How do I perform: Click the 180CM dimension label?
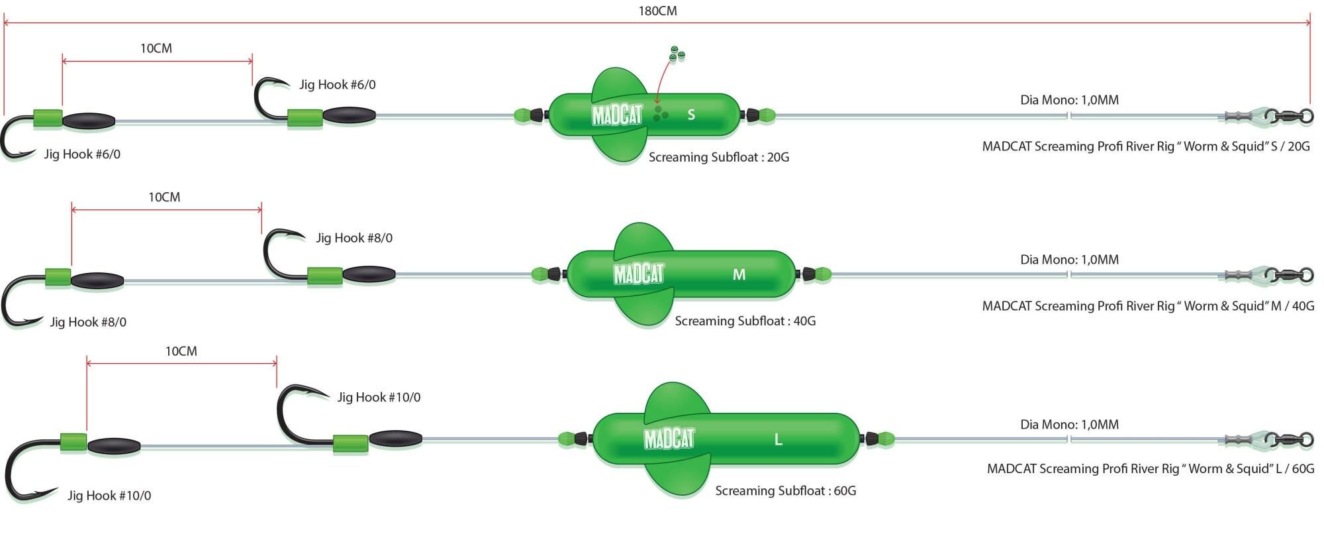[x=657, y=11]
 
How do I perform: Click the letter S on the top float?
[x=691, y=115]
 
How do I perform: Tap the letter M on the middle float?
[x=739, y=274]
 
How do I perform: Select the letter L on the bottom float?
[x=778, y=439]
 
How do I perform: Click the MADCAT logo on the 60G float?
[x=669, y=439]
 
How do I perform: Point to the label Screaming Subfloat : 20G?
[x=718, y=158]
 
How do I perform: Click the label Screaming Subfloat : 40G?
[x=745, y=321]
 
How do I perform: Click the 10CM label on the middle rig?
[x=164, y=197]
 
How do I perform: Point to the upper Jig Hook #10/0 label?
[x=379, y=398]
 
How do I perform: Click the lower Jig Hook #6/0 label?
[x=82, y=154]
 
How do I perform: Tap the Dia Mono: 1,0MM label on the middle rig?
[x=1069, y=260]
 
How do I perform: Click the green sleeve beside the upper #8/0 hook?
[x=324, y=275]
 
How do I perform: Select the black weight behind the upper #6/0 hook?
[x=349, y=116]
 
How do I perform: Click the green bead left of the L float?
[x=566, y=439]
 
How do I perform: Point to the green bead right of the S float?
[x=766, y=116]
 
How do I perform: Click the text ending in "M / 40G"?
[x=1147, y=306]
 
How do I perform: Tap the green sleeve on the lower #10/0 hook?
[x=73, y=442]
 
